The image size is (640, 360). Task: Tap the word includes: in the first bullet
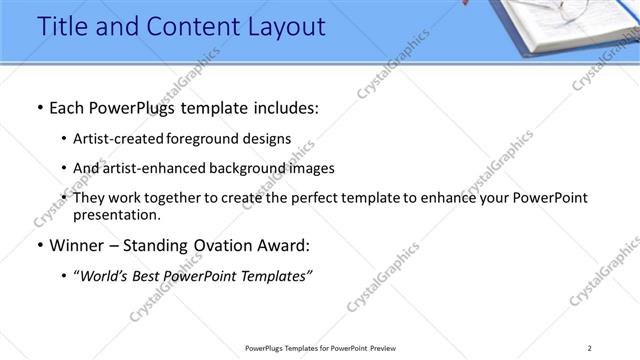(x=281, y=108)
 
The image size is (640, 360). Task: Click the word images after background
(x=311, y=168)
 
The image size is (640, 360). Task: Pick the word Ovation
(x=227, y=245)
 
